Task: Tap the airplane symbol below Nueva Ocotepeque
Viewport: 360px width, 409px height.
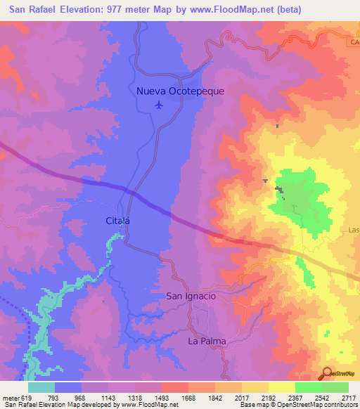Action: [158, 105]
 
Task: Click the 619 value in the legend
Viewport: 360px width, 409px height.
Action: [25, 396]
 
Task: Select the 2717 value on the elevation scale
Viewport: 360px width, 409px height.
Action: [349, 396]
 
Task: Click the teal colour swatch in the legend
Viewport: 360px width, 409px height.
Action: [41, 387]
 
